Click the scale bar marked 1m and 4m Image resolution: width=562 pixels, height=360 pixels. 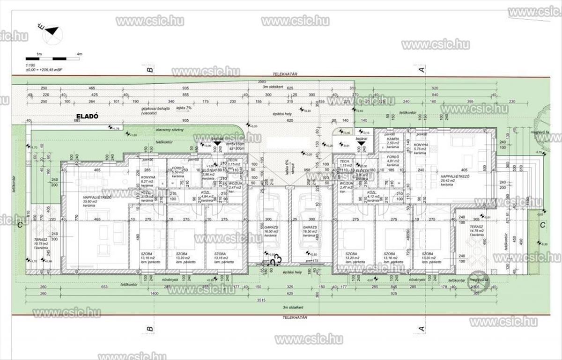tap(53, 58)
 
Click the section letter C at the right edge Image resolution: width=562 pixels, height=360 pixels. tap(542, 225)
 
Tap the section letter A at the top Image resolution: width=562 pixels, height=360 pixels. tap(421, 70)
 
